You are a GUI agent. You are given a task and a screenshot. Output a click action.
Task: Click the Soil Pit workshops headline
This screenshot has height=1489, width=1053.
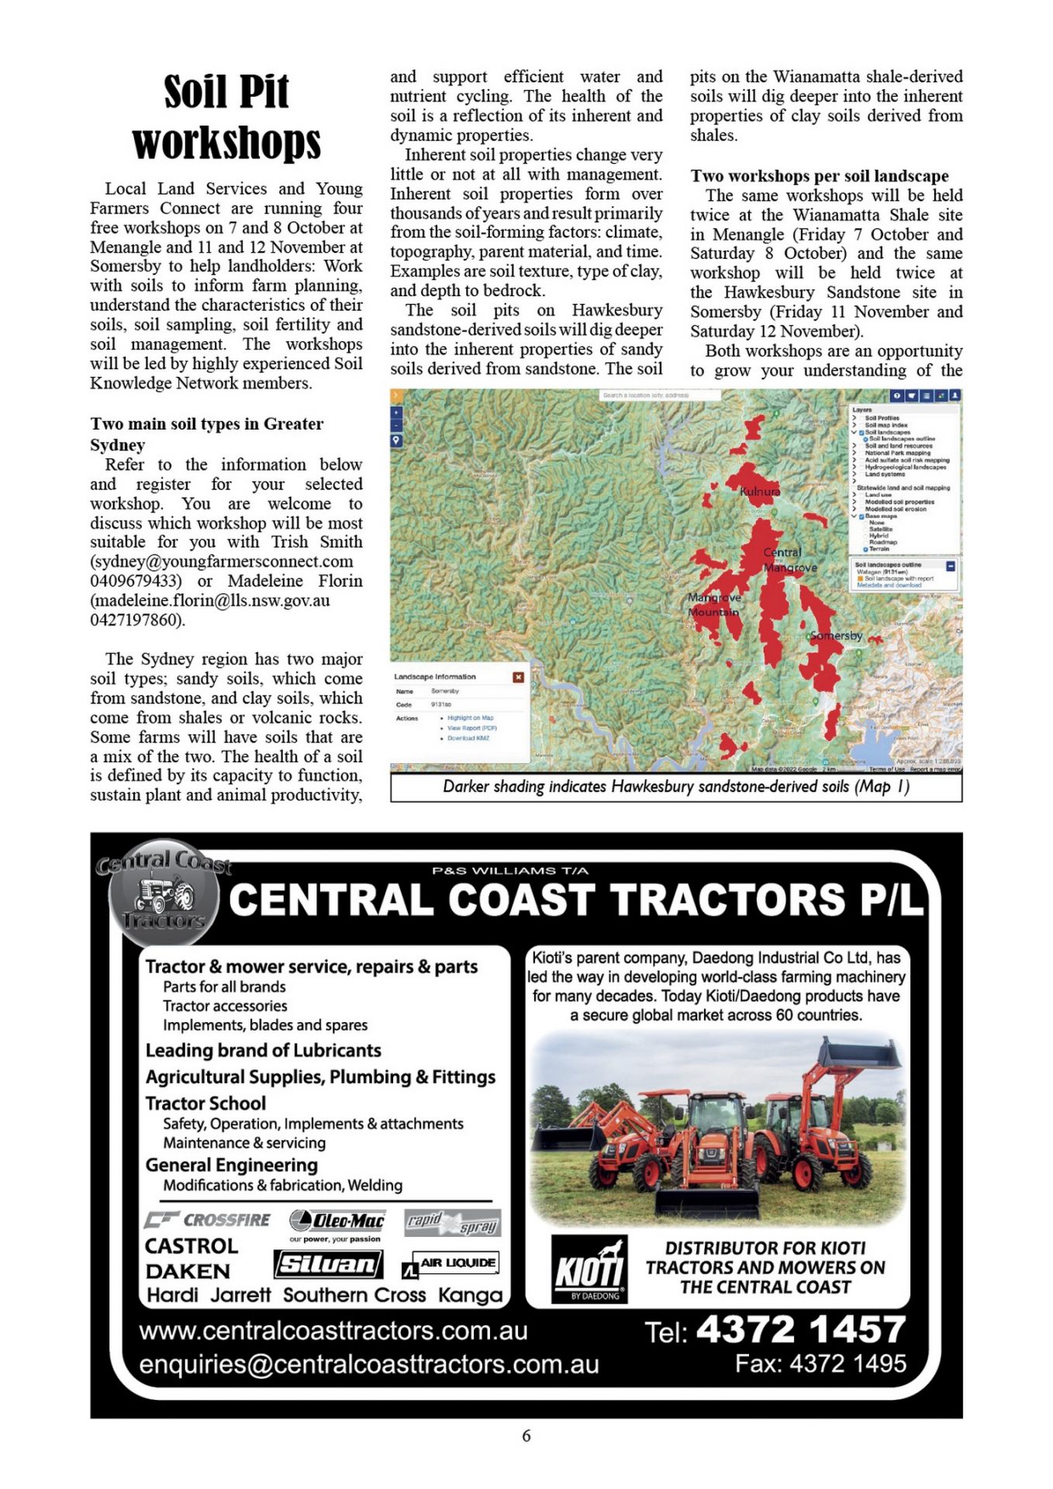[x=226, y=116]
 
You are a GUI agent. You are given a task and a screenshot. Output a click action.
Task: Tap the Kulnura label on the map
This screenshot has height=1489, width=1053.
[x=759, y=491]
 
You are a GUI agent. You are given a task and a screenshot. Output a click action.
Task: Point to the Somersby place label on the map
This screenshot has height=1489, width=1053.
[x=836, y=636]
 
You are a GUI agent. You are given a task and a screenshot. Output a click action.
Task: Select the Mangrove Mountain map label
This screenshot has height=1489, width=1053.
[x=714, y=605]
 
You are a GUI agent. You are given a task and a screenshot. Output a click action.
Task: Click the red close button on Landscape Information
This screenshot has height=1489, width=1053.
[x=518, y=677]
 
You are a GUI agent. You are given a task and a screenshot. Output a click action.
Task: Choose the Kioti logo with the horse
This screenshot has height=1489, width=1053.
[x=589, y=1269]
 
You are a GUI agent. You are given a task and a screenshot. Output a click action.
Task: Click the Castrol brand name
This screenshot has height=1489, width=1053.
[x=192, y=1245]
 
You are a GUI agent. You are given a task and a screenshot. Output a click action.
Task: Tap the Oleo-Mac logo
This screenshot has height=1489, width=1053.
[x=337, y=1221]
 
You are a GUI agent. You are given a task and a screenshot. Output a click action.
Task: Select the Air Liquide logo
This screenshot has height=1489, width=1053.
[x=451, y=1263]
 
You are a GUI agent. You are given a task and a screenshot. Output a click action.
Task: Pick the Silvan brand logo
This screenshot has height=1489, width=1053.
[x=328, y=1264]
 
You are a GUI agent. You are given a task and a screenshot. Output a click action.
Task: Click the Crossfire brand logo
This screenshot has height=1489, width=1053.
[x=208, y=1220]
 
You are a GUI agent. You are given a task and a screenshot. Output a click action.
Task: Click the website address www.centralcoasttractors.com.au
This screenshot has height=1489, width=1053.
[x=333, y=1331]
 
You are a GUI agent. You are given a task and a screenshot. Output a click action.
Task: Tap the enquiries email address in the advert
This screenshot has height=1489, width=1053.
[x=369, y=1364]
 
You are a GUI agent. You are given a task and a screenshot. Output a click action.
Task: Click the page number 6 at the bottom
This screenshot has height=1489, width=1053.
[x=526, y=1435]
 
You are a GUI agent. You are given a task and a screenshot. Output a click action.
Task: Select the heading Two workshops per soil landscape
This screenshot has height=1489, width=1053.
[x=820, y=176]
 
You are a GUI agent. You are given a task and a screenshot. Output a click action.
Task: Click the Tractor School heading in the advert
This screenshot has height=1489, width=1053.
[x=205, y=1103]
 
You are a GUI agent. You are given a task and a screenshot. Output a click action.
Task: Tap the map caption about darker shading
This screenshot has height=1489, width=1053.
[x=675, y=786]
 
